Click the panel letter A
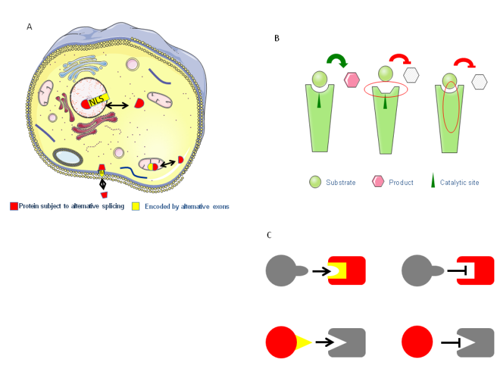(29, 26)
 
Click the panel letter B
(277, 39)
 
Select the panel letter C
(269, 235)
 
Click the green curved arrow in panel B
(337, 62)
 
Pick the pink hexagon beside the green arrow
(352, 80)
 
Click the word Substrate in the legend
(341, 182)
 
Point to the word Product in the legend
(401, 182)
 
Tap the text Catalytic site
(459, 182)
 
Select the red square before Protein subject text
(14, 206)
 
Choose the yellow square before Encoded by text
(136, 206)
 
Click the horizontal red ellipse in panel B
(386, 90)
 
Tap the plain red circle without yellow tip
(417, 342)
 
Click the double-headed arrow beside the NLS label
(117, 106)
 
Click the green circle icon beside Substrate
(315, 182)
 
